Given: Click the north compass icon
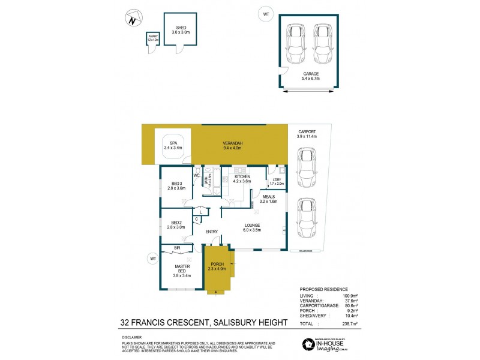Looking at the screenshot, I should click(133, 19).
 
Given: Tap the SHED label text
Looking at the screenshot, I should click(181, 27).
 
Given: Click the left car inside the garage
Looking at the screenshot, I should click(296, 44).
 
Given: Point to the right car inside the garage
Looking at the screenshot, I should click(324, 44).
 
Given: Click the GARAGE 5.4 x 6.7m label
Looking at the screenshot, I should click(311, 76).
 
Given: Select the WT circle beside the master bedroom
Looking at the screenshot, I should click(152, 258).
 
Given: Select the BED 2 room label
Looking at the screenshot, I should click(176, 226).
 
